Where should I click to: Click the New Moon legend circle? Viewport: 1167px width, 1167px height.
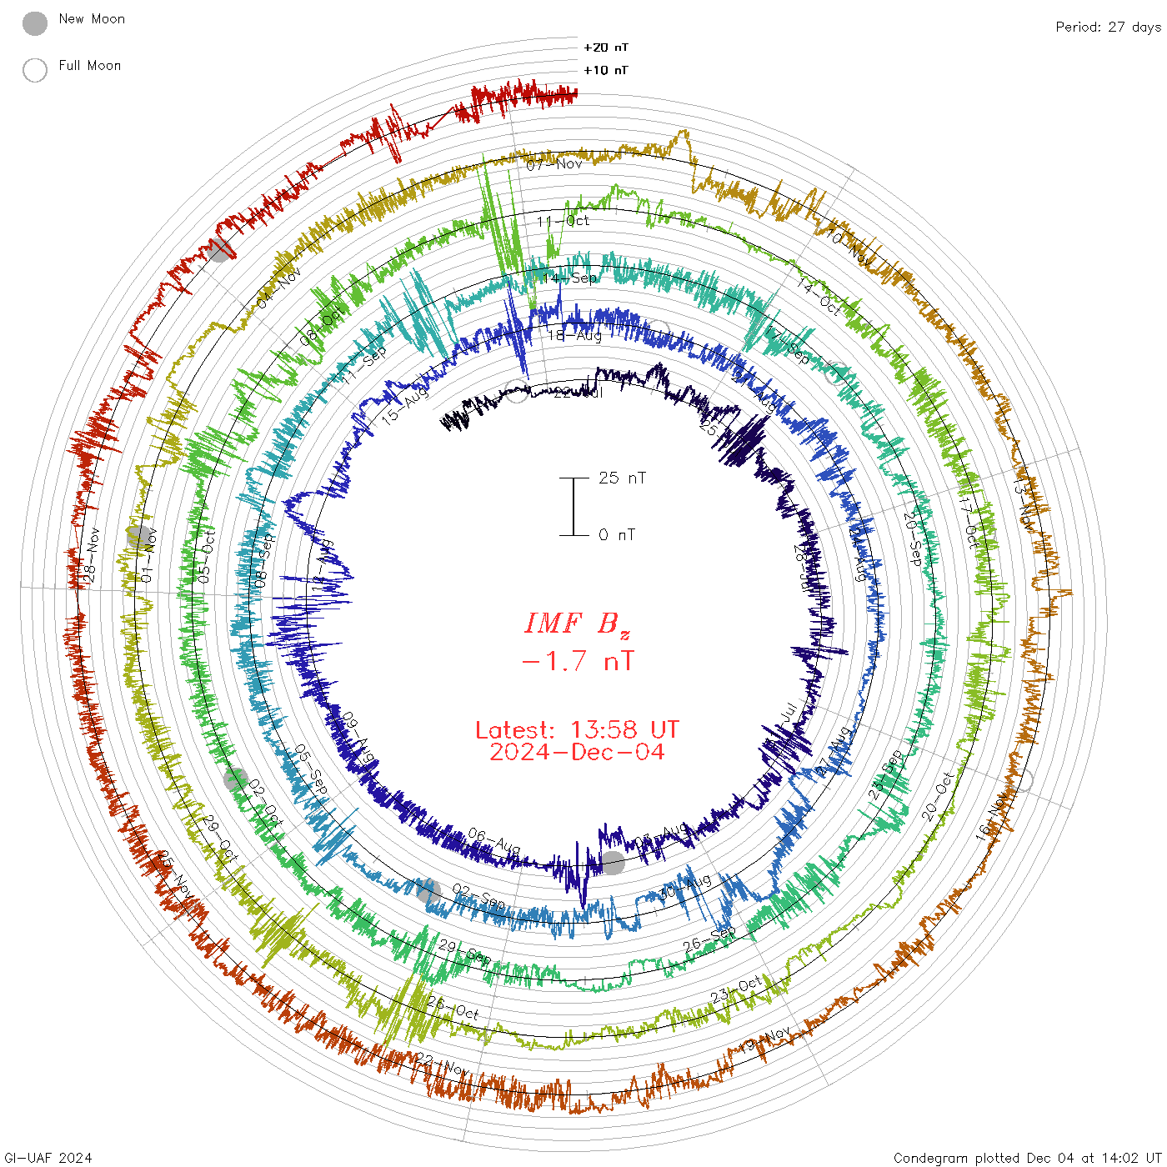coord(35,23)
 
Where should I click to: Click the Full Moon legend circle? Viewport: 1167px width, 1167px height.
coord(35,70)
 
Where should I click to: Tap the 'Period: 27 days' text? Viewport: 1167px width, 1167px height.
coord(1108,28)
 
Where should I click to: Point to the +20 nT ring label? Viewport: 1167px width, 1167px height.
coord(606,48)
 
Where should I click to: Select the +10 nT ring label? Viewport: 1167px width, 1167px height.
coord(606,70)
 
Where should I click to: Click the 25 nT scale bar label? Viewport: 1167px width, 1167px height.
coord(622,478)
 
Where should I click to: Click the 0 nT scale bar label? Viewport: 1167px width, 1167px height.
coord(617,534)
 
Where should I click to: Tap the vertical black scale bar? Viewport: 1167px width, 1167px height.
coord(573,506)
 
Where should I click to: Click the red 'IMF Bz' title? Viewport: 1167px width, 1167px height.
coord(577,624)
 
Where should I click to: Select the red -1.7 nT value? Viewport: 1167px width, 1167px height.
coord(577,661)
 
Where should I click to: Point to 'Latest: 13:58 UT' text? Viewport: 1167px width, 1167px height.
coord(577,730)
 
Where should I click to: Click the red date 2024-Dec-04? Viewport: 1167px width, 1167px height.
coord(577,752)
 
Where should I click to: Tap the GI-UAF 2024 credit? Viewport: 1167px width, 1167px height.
coord(48,1158)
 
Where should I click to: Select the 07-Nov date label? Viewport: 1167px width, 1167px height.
coord(554,164)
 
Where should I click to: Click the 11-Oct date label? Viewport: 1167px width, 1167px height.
coord(563,221)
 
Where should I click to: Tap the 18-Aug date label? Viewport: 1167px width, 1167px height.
coord(574,335)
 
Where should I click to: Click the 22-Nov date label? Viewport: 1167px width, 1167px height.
coord(443,1064)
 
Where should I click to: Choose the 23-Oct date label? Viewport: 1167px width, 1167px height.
coord(736,990)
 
